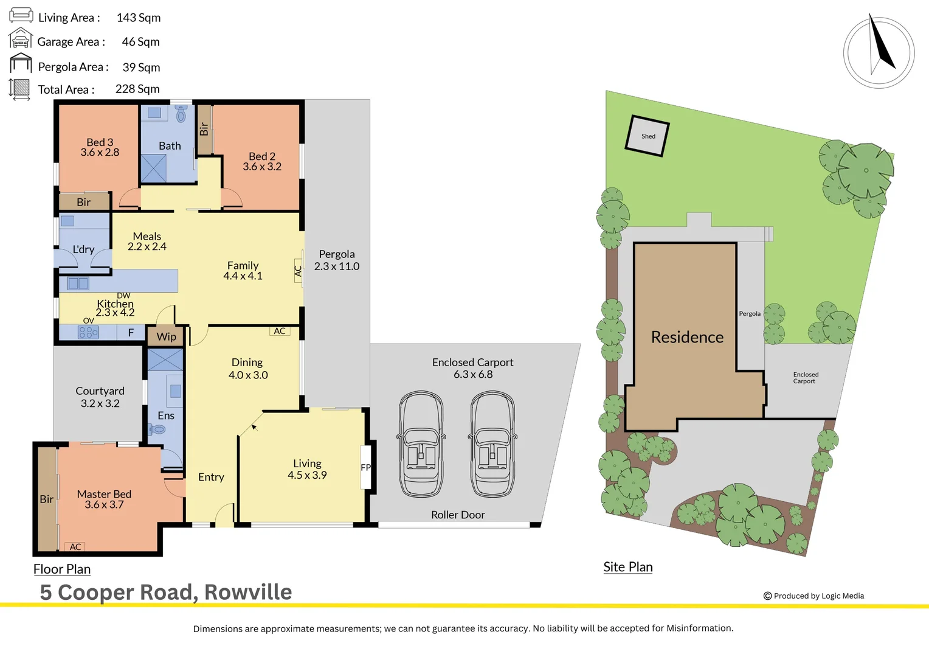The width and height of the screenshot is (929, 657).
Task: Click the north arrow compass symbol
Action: tap(879, 53)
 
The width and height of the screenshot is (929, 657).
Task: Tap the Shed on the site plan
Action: tap(648, 136)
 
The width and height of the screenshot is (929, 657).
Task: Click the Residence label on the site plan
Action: tap(687, 337)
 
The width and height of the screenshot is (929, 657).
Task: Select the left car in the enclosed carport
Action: tap(421, 444)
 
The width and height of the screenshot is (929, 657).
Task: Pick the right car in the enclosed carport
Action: tap(492, 444)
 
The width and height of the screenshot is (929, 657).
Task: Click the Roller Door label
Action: tap(458, 515)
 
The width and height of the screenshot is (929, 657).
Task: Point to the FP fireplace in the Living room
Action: tap(365, 467)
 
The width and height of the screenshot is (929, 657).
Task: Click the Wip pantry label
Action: tap(166, 336)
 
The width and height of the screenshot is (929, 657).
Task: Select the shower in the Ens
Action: tap(165, 360)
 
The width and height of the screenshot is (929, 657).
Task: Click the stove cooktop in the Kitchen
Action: tap(88, 332)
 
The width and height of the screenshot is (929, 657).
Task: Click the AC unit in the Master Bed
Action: tap(75, 547)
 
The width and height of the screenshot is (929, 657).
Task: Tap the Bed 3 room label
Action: tap(100, 147)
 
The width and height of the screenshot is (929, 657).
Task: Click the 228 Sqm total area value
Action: tap(137, 89)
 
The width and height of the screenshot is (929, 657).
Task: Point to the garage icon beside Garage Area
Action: tap(20, 39)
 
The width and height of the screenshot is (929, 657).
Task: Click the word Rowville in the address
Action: tap(248, 592)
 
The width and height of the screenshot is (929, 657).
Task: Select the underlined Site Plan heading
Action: tap(627, 567)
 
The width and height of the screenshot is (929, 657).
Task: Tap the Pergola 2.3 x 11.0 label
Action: tap(336, 260)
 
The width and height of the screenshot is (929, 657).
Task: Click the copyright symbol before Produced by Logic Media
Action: tap(767, 596)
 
